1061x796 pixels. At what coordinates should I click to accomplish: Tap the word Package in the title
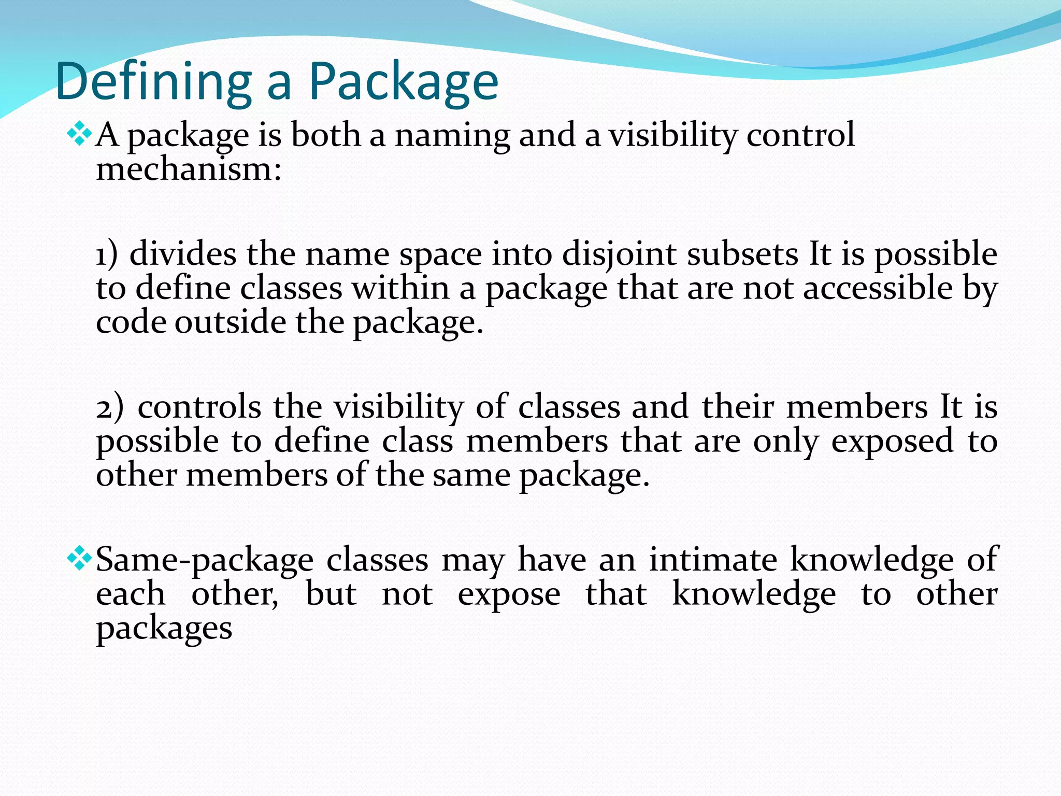[x=404, y=82]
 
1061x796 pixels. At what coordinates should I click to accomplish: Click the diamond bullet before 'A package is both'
[x=79, y=134]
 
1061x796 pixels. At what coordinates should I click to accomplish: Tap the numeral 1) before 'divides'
[x=107, y=254]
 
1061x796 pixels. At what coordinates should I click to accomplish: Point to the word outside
[x=230, y=322]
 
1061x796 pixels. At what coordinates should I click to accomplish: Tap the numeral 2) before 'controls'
[x=110, y=407]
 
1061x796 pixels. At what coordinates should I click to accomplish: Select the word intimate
[x=713, y=560]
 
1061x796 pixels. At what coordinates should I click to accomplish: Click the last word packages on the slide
[x=164, y=629]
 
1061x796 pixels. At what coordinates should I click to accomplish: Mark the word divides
[x=183, y=254]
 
